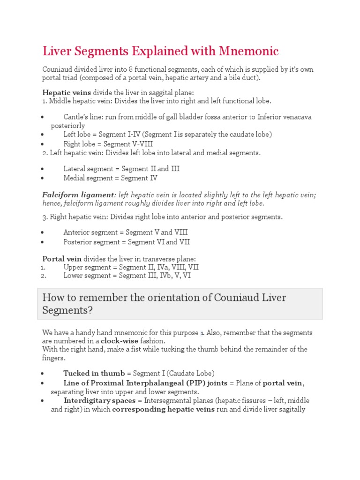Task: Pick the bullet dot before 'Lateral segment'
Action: pos(43,169)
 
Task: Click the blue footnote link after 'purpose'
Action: pos(202,333)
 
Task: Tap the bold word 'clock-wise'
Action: pos(121,341)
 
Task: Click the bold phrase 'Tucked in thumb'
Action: pos(94,374)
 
